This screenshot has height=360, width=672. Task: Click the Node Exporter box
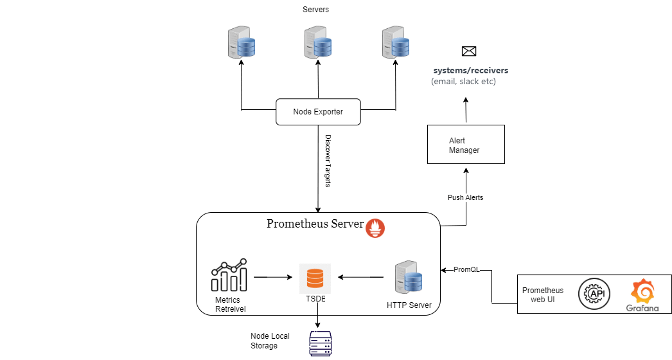(x=318, y=112)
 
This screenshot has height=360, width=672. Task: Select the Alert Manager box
(x=466, y=145)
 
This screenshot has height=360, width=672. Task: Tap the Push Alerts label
(x=465, y=198)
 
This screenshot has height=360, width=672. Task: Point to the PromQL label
(x=466, y=270)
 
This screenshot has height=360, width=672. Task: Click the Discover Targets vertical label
(x=328, y=161)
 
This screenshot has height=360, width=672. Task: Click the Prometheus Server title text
(x=315, y=224)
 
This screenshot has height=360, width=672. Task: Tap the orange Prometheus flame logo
(x=375, y=228)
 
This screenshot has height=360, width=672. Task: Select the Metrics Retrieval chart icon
(x=229, y=275)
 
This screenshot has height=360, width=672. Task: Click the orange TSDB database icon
(x=315, y=278)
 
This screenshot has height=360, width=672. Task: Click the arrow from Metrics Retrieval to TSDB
(x=274, y=277)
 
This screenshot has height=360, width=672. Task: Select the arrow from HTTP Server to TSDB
(x=360, y=277)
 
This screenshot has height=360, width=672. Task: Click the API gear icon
(x=594, y=294)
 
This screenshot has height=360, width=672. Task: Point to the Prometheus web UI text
(x=542, y=295)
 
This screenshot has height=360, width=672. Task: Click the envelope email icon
(x=469, y=51)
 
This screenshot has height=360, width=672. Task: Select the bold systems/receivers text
(x=470, y=70)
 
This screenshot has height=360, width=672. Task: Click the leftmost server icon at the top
(x=242, y=42)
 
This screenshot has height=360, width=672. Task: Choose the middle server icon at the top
(x=318, y=42)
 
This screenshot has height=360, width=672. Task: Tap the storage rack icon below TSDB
(x=320, y=344)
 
